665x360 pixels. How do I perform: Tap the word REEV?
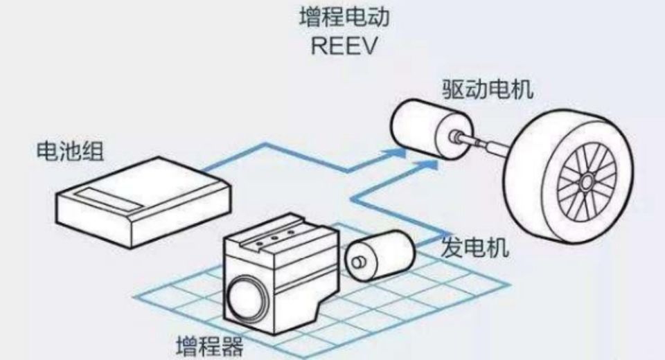344,46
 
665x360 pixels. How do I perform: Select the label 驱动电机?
488,89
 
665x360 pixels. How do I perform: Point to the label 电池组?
71,150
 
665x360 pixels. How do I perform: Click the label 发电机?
475,247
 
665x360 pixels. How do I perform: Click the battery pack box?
144,201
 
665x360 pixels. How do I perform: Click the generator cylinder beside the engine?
379,255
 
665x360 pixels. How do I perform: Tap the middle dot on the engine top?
274,238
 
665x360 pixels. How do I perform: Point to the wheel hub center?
587,183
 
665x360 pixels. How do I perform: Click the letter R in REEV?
319,46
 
